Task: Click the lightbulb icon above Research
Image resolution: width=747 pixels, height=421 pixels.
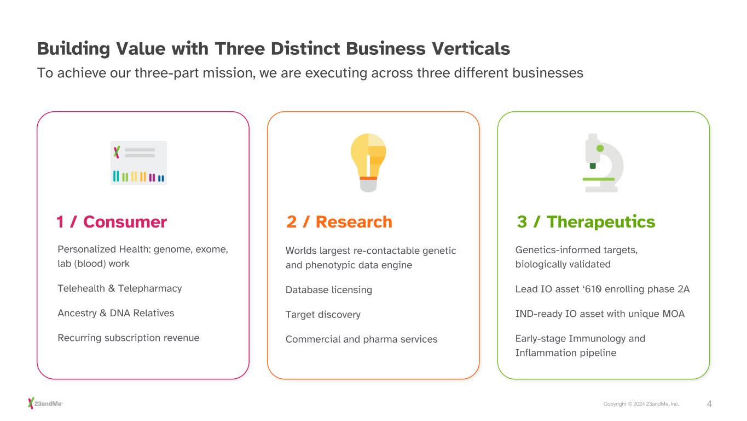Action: pos(368,162)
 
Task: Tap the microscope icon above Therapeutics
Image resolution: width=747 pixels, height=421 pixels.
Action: pos(603,163)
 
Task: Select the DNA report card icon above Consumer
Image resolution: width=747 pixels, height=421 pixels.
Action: pos(138,163)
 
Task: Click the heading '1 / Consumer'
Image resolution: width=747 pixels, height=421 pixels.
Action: pos(111,222)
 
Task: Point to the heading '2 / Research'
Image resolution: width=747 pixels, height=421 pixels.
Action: pos(339,222)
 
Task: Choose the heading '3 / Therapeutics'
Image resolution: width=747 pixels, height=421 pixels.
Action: pos(586,222)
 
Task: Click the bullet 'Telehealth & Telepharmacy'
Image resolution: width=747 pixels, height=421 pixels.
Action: pos(119,288)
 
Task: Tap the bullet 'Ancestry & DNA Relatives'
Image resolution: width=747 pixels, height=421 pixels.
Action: pos(115,313)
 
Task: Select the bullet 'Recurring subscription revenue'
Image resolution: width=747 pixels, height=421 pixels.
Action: pos(128,338)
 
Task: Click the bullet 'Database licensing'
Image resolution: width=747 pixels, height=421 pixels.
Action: pos(328,290)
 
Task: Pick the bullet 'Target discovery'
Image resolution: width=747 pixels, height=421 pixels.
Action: pos(323,315)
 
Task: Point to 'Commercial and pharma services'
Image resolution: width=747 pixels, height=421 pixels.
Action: pos(361,339)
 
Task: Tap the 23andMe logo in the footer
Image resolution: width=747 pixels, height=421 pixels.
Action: pos(46,403)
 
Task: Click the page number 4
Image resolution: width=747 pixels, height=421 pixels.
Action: pos(709,404)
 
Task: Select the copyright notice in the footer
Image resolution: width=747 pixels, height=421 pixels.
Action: pos(641,404)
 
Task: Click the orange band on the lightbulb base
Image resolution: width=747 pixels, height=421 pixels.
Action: pos(368,178)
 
